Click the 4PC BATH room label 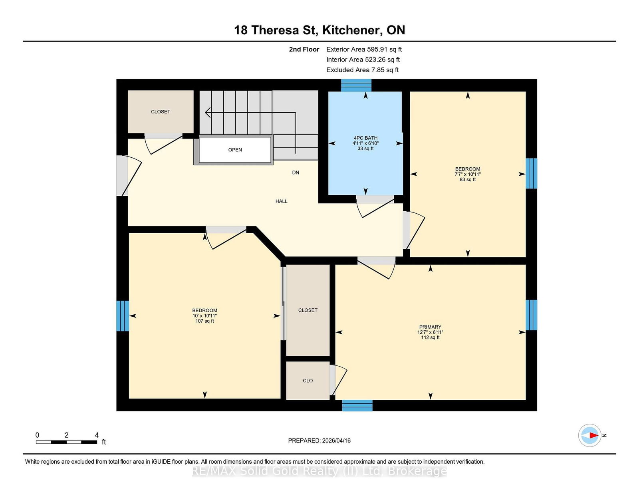365,138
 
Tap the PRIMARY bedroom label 430,327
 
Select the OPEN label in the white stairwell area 235,150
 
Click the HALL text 281,201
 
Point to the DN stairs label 296,173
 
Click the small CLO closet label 308,381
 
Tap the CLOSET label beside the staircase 161,112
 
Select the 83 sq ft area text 468,180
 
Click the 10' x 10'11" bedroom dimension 204,316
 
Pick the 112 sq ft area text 430,337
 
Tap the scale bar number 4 97,435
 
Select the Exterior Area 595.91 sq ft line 364,50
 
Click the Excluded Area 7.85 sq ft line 362,70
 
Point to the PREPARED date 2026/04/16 319,440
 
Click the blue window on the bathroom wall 356,85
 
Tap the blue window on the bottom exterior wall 357,405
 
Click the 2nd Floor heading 304,50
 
